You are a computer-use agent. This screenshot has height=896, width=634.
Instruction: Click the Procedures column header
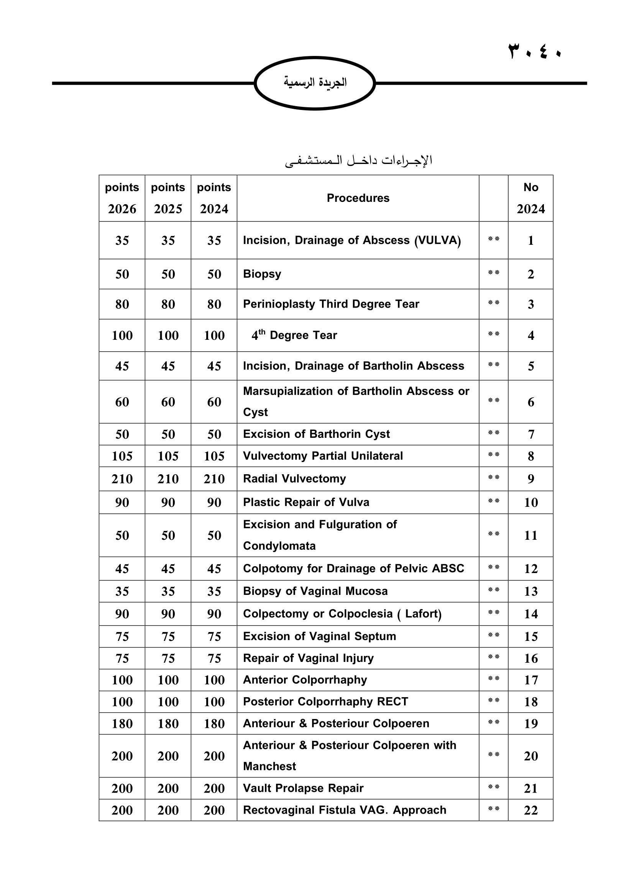pos(358,198)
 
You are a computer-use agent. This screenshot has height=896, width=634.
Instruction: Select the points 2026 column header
pos(122,198)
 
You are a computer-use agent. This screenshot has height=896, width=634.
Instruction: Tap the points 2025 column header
pos(168,198)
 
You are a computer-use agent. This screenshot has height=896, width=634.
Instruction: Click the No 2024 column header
pos(531,198)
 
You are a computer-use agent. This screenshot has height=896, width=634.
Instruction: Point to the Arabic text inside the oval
pos(315,83)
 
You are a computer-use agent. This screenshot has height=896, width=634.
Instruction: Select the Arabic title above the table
pos(358,161)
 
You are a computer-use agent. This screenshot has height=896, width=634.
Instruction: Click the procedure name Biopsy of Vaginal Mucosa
pos(315,591)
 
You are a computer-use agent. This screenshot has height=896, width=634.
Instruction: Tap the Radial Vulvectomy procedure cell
pos(294,479)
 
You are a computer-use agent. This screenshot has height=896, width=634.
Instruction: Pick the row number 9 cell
pos(531,479)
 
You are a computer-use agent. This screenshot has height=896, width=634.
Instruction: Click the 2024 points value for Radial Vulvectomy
pos(214,479)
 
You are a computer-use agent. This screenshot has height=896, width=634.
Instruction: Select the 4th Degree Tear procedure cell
pos(294,335)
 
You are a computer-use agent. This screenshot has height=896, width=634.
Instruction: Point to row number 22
pos(531,810)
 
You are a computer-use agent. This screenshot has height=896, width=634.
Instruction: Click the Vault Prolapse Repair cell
pos(303,788)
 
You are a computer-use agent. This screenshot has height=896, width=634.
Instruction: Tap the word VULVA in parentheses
pos(437,241)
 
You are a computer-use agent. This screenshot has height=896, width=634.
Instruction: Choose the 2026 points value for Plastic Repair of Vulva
pos(122,502)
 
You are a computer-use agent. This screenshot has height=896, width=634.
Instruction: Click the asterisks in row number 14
pos(493,613)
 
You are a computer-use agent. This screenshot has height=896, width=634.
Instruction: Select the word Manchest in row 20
pos(269,767)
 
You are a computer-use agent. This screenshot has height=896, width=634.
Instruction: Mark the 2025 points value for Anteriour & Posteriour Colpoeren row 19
pos(168,724)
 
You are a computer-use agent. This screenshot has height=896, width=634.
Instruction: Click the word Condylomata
pos(279,546)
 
